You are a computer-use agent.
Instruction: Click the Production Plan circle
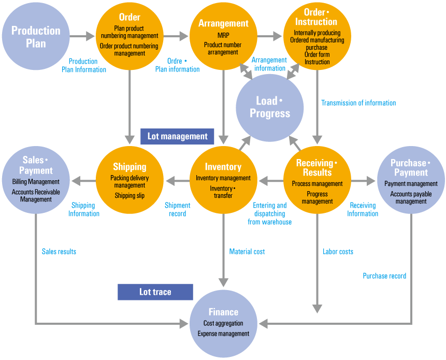coord(36,37)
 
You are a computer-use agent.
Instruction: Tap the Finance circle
coord(223,324)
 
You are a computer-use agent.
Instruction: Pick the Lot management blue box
coord(177,136)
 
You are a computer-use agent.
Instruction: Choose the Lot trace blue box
coord(155,292)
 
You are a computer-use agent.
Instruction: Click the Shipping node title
coord(130,167)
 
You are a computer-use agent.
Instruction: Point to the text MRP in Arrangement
coord(223,36)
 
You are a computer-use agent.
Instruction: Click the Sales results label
coord(59,252)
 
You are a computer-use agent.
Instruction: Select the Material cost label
coord(247,252)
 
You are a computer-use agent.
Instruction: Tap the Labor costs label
coord(338,252)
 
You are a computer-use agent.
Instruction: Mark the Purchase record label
coord(384,276)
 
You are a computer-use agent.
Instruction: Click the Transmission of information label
coord(358,103)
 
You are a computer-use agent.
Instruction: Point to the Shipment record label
coord(177,209)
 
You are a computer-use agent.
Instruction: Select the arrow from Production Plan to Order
coord(82,37)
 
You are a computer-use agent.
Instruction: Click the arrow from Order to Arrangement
coord(176,37)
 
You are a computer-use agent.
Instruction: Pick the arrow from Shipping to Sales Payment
coord(83,181)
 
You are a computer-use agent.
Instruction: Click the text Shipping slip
coord(130,196)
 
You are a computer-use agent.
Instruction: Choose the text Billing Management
coord(36,182)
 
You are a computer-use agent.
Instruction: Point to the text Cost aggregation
coord(223,324)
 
